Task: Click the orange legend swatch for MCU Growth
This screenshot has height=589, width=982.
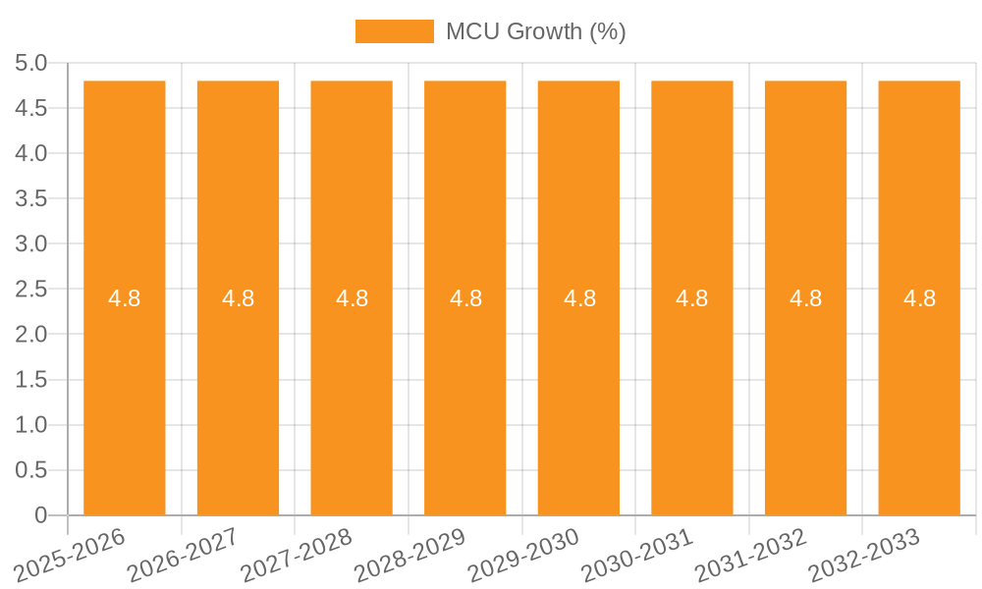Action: [394, 31]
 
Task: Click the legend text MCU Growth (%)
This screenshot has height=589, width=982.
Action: [535, 31]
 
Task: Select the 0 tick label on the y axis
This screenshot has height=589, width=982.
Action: [40, 515]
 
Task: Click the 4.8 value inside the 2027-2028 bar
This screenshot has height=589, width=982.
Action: [352, 298]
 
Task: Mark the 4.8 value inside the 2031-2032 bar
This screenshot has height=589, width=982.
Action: [805, 298]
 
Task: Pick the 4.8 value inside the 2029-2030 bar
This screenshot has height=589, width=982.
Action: [579, 298]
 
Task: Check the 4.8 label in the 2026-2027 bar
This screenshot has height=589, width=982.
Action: [238, 298]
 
